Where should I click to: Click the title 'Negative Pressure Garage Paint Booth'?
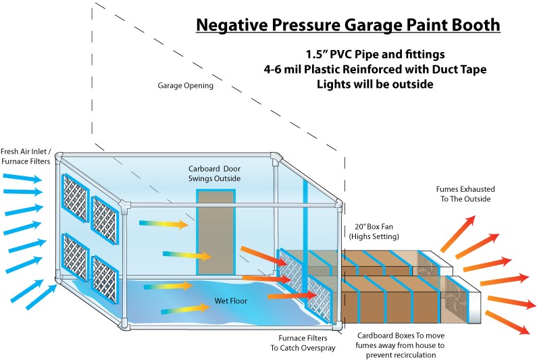[348, 26]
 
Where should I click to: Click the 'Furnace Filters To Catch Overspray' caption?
[305, 342]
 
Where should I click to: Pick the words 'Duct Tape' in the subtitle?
[459, 69]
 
